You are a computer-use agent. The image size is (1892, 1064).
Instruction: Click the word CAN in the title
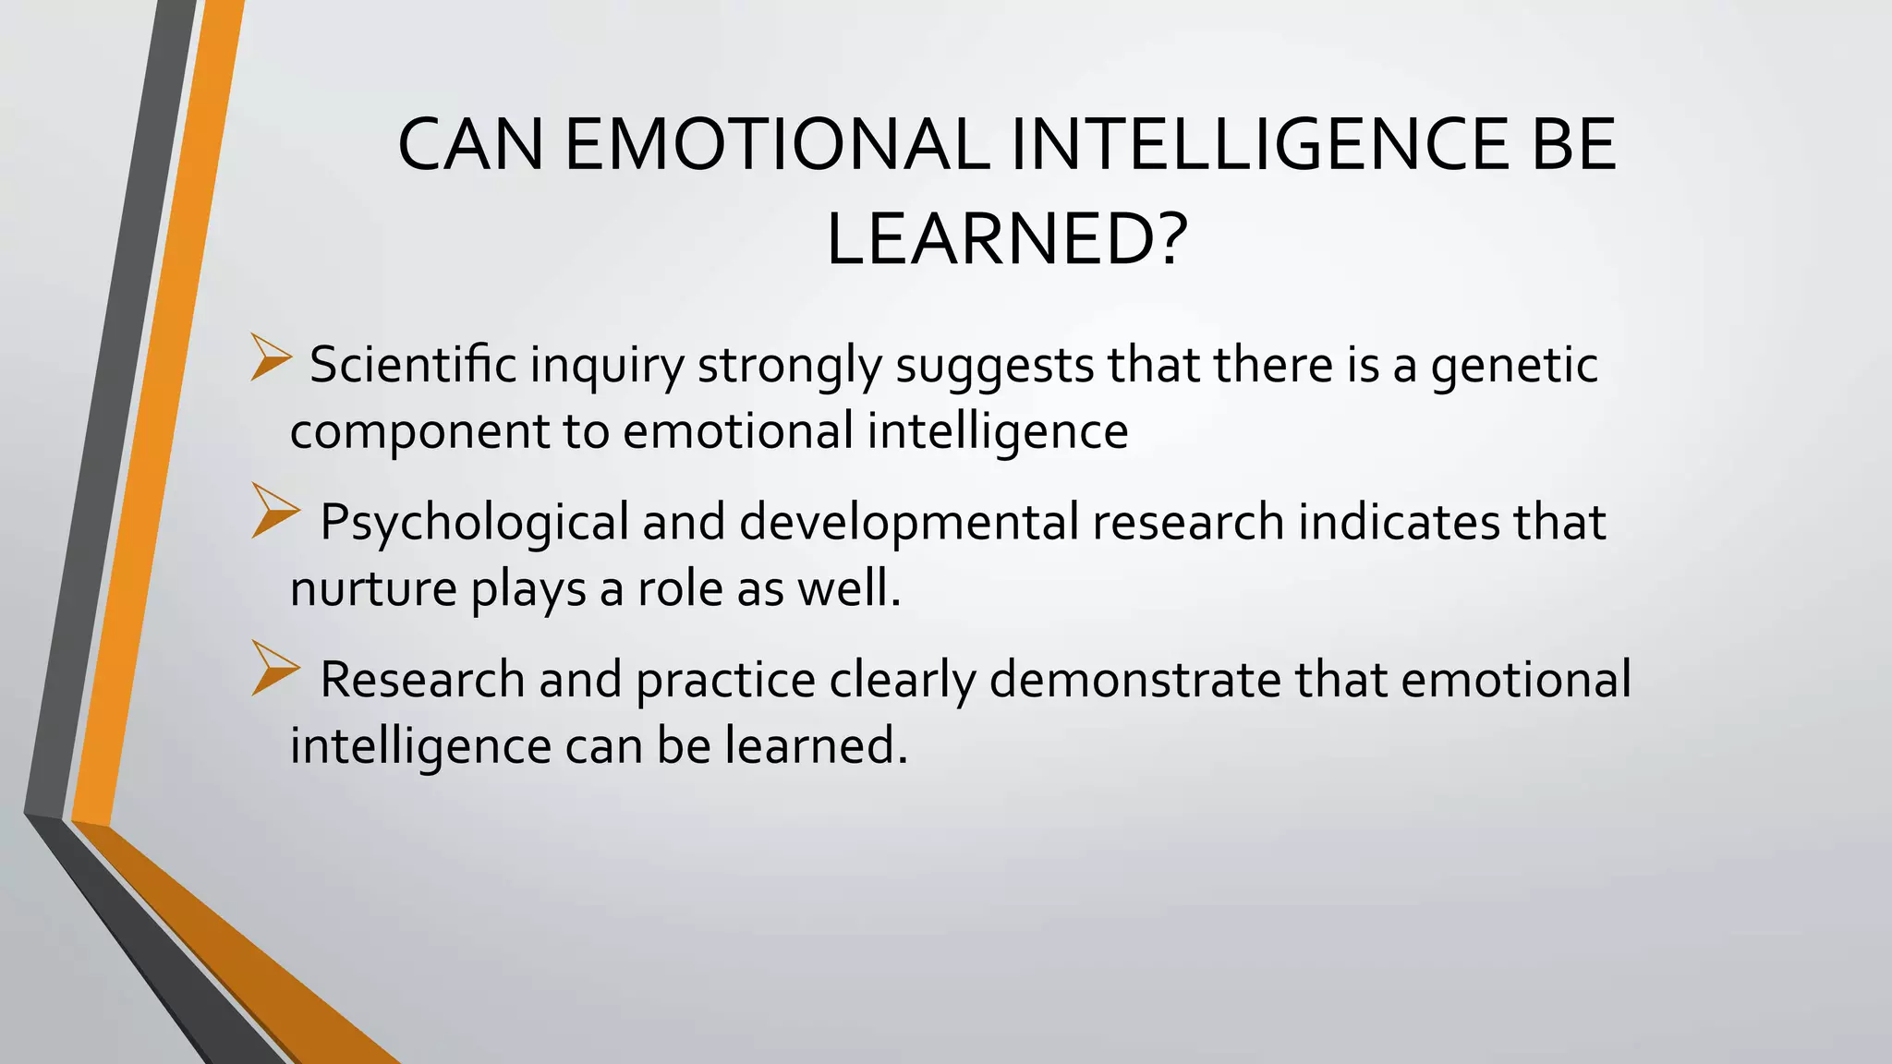pyautogui.click(x=470, y=145)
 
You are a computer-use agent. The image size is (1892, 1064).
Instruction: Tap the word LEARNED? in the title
pyautogui.click(x=1004, y=241)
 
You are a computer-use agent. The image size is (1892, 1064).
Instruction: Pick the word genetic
pyautogui.click(x=1515, y=367)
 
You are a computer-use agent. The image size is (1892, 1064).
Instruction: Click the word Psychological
pyautogui.click(x=475, y=524)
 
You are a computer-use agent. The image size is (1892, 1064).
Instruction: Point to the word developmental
pyautogui.click(x=909, y=524)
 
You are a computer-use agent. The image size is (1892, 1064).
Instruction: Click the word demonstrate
pyautogui.click(x=1135, y=680)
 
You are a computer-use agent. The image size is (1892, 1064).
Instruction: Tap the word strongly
pyautogui.click(x=790, y=367)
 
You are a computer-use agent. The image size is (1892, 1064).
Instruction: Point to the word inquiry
pyautogui.click(x=607, y=367)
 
